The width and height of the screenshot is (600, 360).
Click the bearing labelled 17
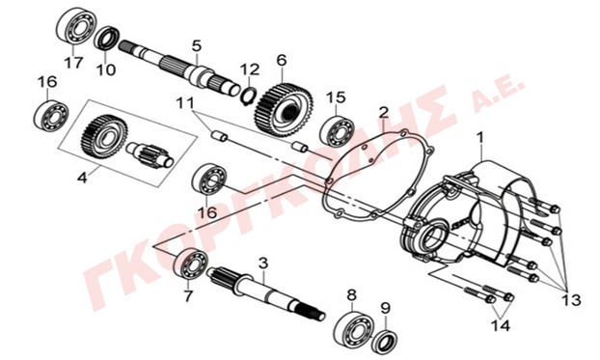pyautogui.click(x=76, y=25)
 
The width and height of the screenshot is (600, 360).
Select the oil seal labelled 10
pyautogui.click(x=107, y=38)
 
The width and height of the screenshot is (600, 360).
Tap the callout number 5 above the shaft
pyautogui.click(x=196, y=46)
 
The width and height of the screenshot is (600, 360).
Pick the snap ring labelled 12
pyautogui.click(x=249, y=95)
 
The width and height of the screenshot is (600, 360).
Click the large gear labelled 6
pyautogui.click(x=284, y=110)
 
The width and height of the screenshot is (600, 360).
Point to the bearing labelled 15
pyautogui.click(x=337, y=128)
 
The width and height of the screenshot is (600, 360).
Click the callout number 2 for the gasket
pyautogui.click(x=383, y=112)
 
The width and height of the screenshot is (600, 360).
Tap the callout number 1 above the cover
pyautogui.click(x=479, y=137)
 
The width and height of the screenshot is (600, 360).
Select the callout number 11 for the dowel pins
pyautogui.click(x=185, y=103)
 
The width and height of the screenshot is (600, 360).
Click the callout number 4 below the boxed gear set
pyautogui.click(x=83, y=178)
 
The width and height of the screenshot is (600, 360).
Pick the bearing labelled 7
pyautogui.click(x=191, y=263)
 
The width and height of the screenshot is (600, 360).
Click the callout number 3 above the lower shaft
pyautogui.click(x=263, y=263)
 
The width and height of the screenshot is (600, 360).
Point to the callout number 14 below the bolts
pyautogui.click(x=502, y=326)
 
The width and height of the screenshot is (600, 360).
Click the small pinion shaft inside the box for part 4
pyautogui.click(x=150, y=154)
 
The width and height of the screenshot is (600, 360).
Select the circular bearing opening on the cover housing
pyautogui.click(x=434, y=237)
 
